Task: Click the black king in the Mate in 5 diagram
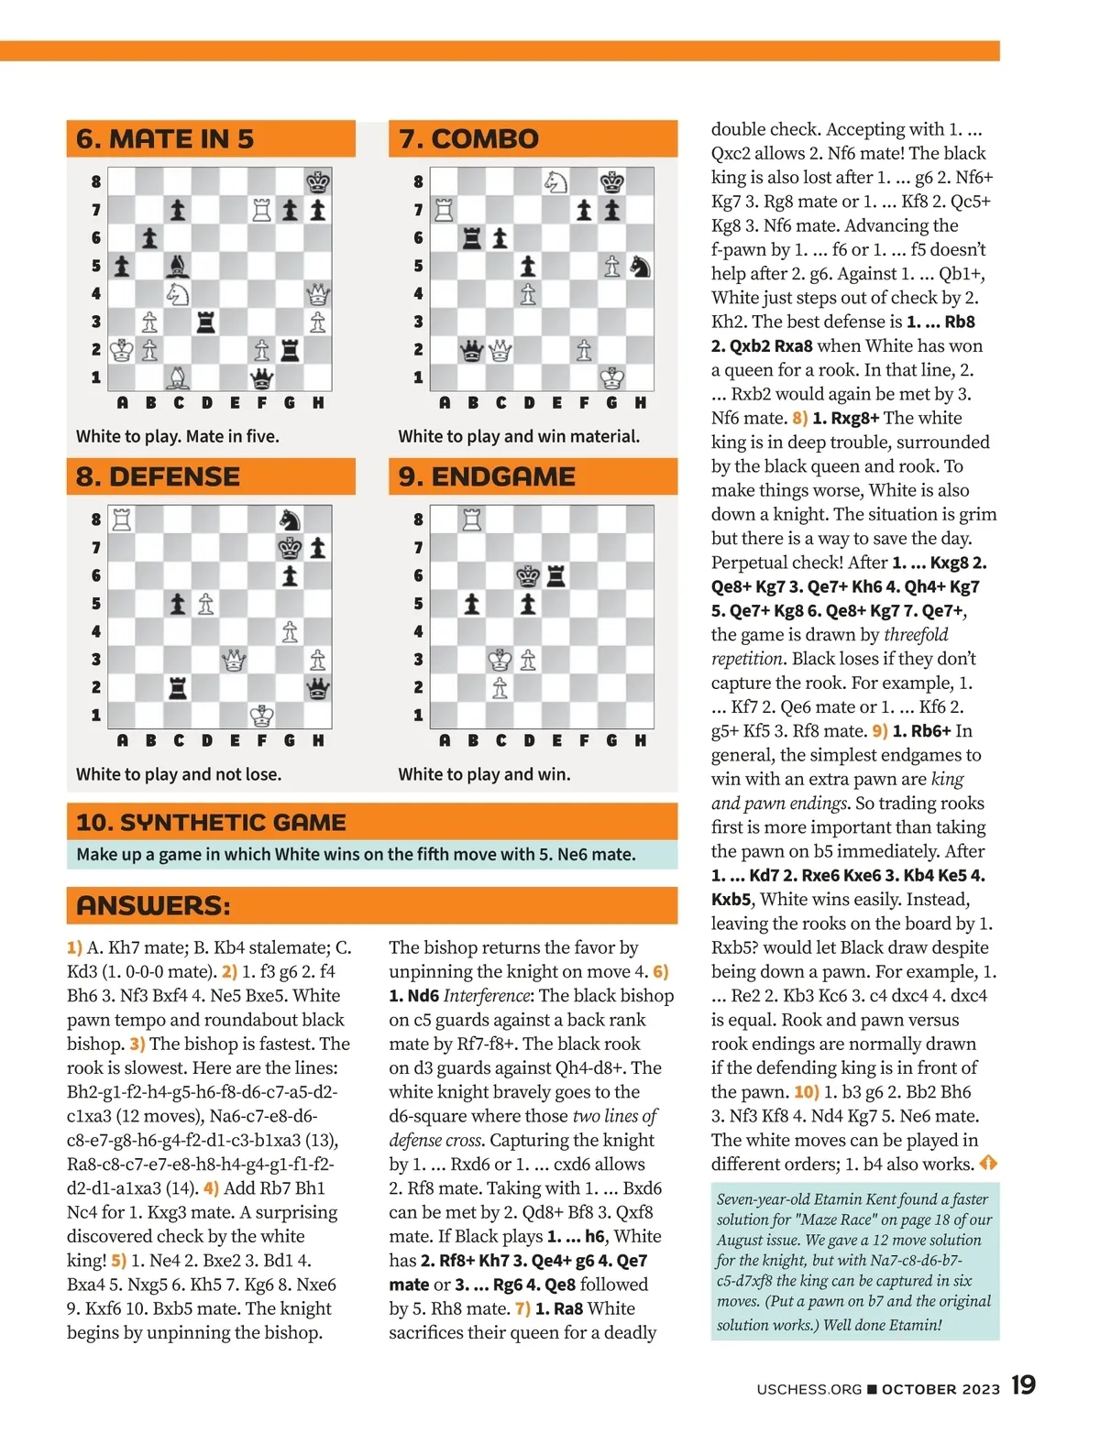click(x=318, y=181)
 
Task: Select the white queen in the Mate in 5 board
click(x=318, y=294)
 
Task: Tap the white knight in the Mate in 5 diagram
click(x=178, y=294)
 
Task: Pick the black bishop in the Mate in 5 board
click(x=178, y=266)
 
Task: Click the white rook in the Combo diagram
click(x=445, y=210)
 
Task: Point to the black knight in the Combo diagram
click(x=640, y=266)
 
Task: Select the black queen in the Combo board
click(x=472, y=350)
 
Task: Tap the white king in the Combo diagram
click(x=612, y=377)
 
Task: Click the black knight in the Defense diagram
click(x=290, y=520)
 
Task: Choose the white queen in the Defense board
click(x=234, y=660)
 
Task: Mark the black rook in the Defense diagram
click(x=178, y=688)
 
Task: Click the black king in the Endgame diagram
click(x=528, y=575)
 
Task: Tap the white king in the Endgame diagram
click(x=500, y=660)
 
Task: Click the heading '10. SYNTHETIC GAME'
click(x=212, y=822)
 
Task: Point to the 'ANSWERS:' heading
click(x=153, y=905)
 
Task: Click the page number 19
click(x=1023, y=1384)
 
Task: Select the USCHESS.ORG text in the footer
click(x=808, y=1389)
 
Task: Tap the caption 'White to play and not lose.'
click(x=179, y=774)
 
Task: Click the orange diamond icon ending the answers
click(x=988, y=1164)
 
